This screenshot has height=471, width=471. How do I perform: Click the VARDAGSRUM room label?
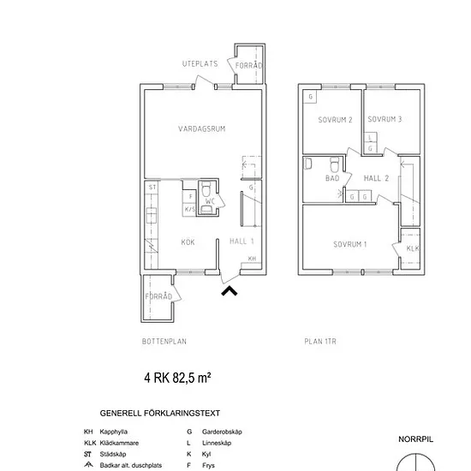click(x=201, y=128)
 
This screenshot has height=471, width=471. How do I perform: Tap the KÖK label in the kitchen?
click(x=188, y=241)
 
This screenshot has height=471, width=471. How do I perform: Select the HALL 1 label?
click(x=241, y=241)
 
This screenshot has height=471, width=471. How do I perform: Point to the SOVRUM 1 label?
click(x=350, y=244)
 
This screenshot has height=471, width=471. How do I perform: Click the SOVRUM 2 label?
click(x=335, y=120)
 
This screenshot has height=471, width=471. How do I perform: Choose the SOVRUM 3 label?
click(x=385, y=119)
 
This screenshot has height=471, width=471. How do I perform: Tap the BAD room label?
click(x=332, y=178)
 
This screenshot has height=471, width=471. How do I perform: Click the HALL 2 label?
click(x=376, y=178)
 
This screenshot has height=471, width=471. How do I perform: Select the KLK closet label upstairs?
click(x=413, y=248)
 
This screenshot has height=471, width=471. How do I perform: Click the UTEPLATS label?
click(x=200, y=63)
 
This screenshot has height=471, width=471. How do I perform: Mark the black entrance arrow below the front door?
click(x=230, y=291)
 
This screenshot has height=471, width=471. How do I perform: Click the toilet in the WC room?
click(x=206, y=189)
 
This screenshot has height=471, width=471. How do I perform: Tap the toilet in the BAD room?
click(x=335, y=164)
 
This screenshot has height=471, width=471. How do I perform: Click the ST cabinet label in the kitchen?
click(x=152, y=188)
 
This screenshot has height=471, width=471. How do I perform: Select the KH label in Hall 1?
click(x=252, y=259)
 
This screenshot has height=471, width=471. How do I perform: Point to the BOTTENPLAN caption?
click(x=164, y=342)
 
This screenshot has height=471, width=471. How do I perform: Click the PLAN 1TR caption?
click(x=320, y=342)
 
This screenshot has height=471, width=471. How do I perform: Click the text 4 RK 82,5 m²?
click(x=177, y=378)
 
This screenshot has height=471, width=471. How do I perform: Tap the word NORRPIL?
click(x=415, y=439)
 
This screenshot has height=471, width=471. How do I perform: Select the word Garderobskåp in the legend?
click(x=222, y=432)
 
